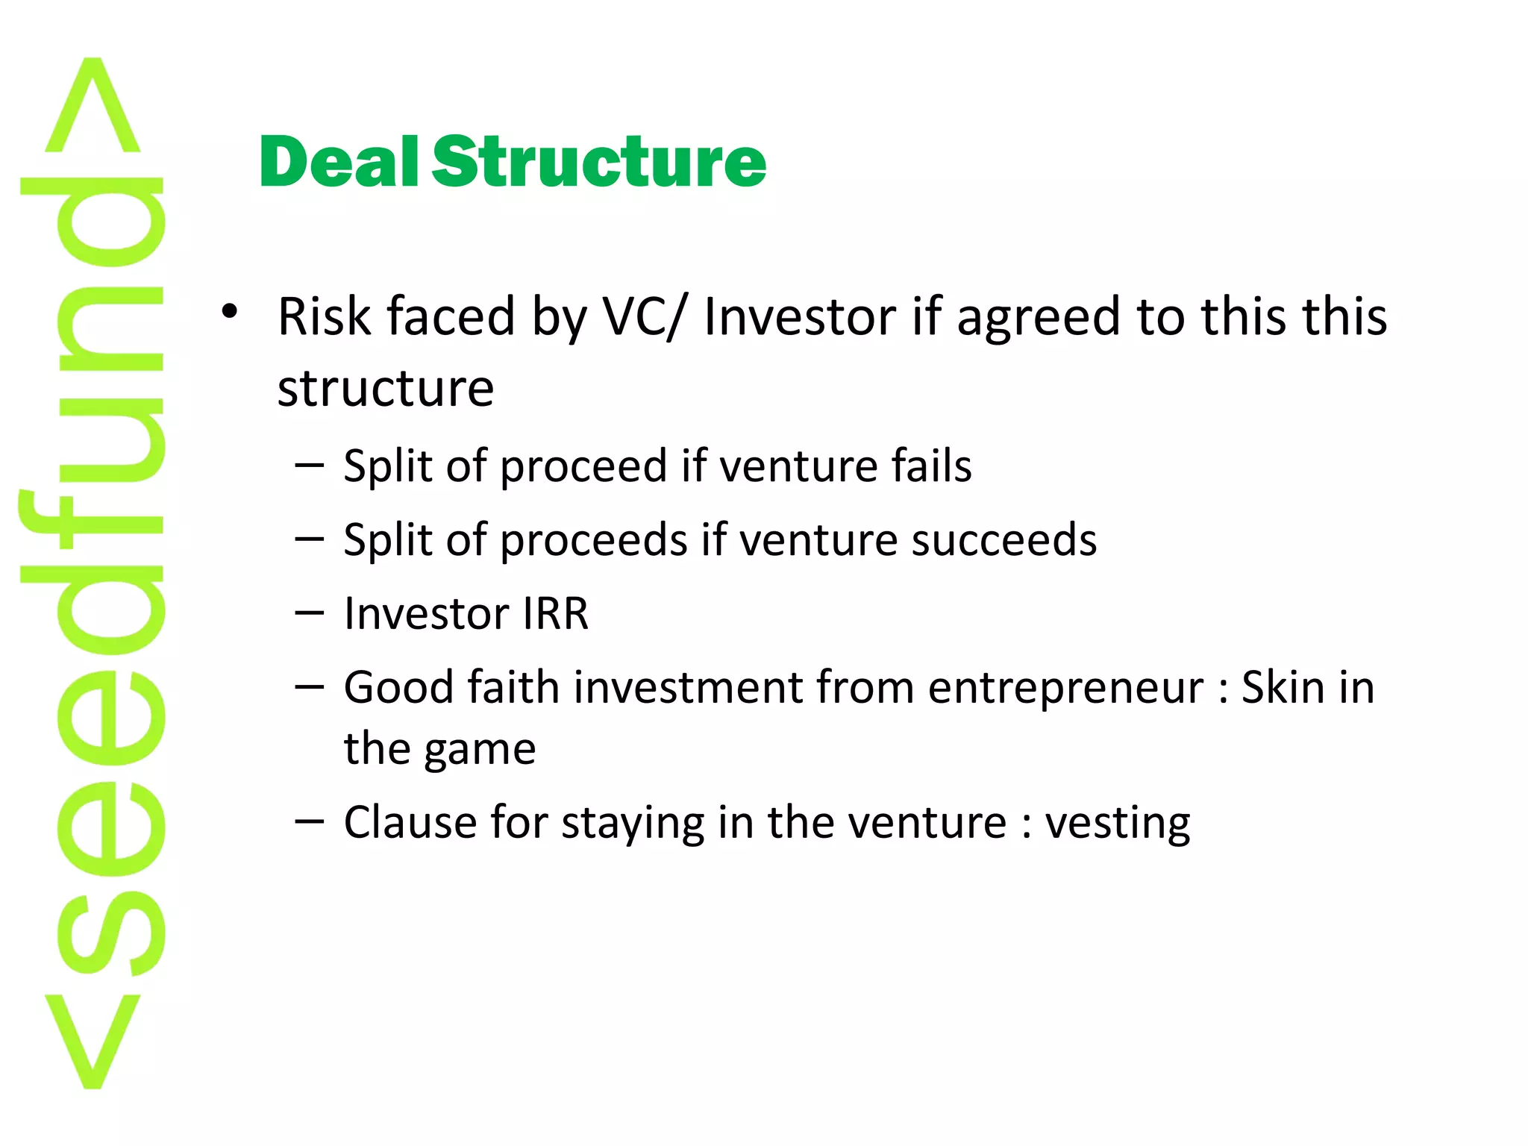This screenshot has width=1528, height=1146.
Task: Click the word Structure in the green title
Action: click(598, 163)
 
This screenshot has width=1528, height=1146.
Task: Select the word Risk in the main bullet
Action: click(323, 316)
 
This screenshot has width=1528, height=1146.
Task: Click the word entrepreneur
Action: click(1066, 688)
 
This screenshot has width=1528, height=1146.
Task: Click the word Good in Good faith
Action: click(398, 687)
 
